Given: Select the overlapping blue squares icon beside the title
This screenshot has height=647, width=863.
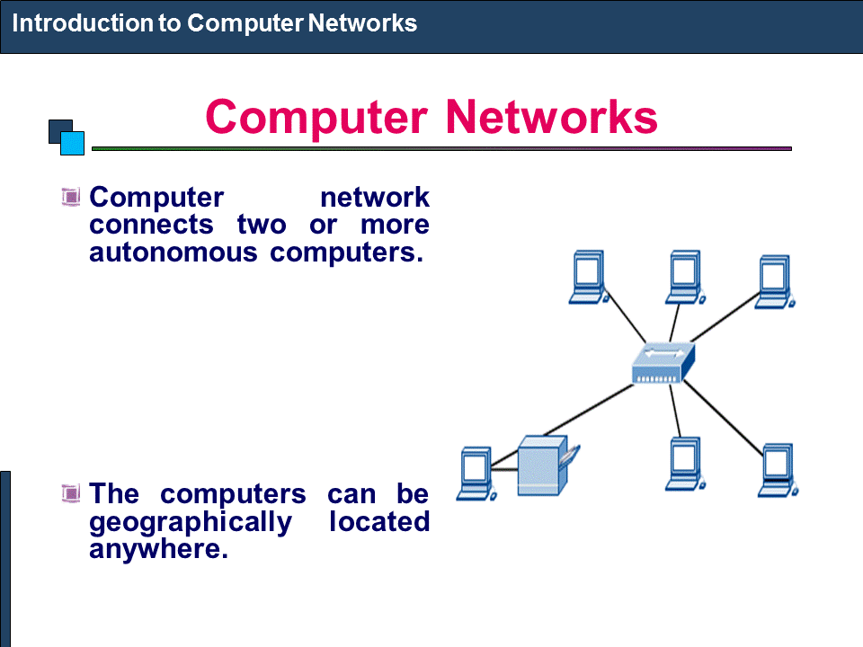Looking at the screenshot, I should coord(66,137).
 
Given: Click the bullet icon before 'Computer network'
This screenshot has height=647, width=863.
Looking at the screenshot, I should coord(71,196).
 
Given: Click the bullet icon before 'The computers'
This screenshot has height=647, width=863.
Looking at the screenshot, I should coord(71,492).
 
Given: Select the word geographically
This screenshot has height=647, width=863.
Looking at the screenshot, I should coord(191,521).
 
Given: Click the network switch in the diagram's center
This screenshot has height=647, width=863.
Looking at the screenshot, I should coord(663,364).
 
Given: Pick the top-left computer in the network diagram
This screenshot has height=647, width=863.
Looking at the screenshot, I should coord(589,279).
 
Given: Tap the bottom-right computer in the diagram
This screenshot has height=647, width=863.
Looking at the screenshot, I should coord(778,469).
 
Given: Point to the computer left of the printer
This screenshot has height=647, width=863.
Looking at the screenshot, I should coord(474,473).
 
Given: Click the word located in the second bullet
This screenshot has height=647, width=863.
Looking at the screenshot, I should coord(378,521).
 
